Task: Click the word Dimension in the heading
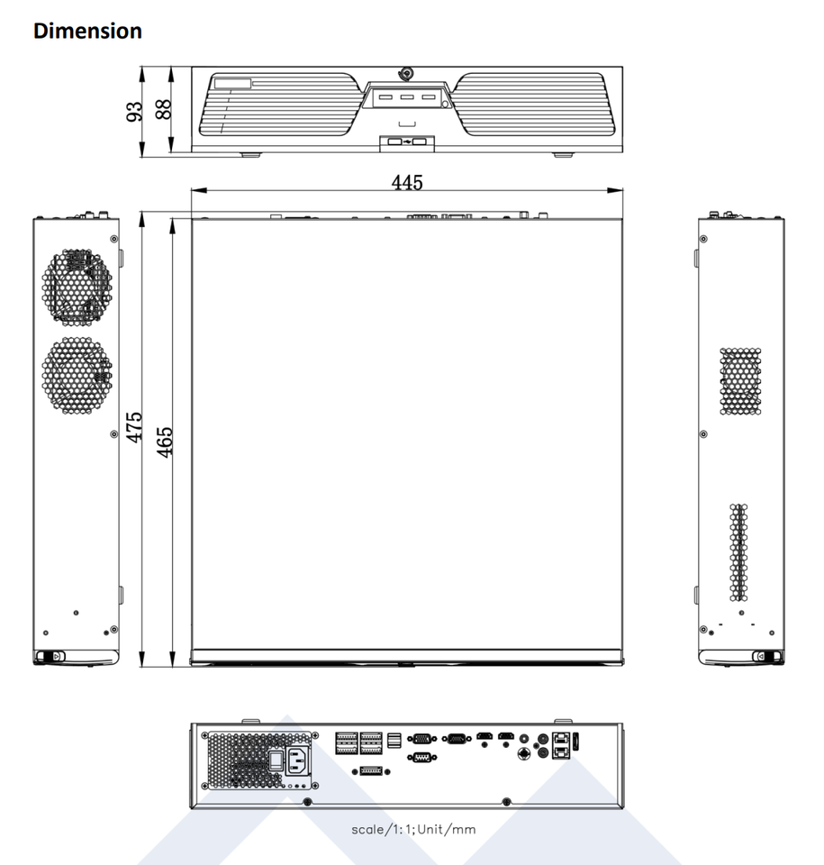coord(87,31)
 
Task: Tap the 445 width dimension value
coord(407,182)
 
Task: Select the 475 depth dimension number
coord(134,427)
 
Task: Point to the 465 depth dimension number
coord(165,442)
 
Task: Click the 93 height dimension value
coord(134,112)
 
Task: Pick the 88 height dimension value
coord(163,109)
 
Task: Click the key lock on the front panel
coord(407,73)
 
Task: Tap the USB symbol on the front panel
coord(407,142)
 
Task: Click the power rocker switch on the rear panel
coord(276,760)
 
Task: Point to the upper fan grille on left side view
coord(77,287)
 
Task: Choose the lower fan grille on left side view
coord(77,376)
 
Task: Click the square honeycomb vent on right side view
coord(741,381)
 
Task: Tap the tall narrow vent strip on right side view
coord(738,552)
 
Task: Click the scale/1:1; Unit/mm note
coord(413,829)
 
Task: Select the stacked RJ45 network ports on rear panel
coord(561,745)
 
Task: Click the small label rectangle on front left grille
coord(232,83)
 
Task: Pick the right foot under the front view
coord(563,155)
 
